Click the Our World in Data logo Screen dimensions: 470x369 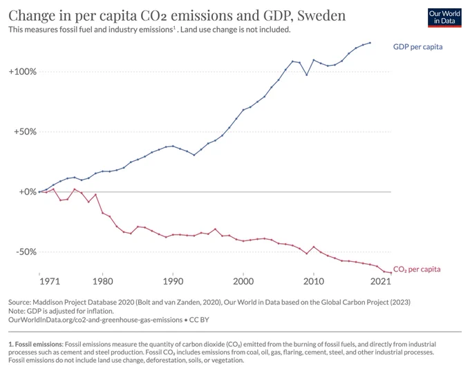pyautogui.click(x=444, y=18)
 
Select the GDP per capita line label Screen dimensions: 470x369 pyautogui.click(x=417, y=47)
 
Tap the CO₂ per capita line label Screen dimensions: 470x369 pyautogui.click(x=417, y=269)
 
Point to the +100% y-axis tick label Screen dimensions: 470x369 pyautogui.click(x=23, y=72)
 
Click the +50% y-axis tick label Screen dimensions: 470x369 pyautogui.click(x=25, y=131)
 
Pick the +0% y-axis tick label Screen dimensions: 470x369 pyautogui.click(x=28, y=191)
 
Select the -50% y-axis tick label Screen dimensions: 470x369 pyautogui.click(x=26, y=252)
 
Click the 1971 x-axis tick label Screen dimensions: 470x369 pyautogui.click(x=50, y=281)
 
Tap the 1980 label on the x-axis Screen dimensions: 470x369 pyautogui.click(x=102, y=281)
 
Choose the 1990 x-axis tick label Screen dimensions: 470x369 pyautogui.click(x=173, y=281)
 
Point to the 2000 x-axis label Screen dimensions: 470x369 pyautogui.click(x=243, y=281)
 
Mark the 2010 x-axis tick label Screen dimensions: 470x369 pyautogui.click(x=314, y=281)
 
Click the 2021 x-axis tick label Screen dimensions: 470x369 pyautogui.click(x=381, y=281)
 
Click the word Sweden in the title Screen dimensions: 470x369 pyautogui.click(x=321, y=16)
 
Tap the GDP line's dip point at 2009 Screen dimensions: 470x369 pyautogui.click(x=307, y=75)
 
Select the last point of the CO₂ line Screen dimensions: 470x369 pyautogui.click(x=391, y=272)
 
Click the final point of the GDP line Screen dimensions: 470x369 pyautogui.click(x=370, y=43)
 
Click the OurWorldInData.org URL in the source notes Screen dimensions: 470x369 pyautogui.click(x=95, y=320)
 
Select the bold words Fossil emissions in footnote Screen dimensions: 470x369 pyautogui.click(x=39, y=344)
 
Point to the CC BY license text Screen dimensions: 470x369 pyautogui.click(x=199, y=320)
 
